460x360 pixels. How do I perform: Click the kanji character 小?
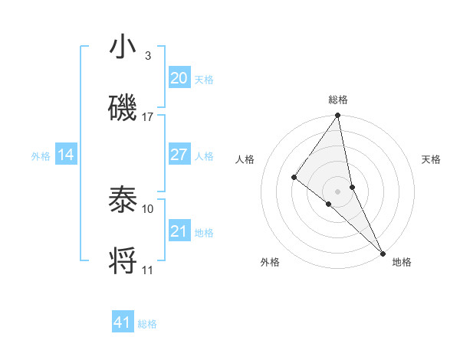[x=123, y=48]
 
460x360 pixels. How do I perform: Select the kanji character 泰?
[x=123, y=201]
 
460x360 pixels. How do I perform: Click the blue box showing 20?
[x=179, y=78]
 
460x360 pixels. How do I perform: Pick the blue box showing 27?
[x=179, y=155]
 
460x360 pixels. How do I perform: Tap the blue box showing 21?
[x=179, y=231]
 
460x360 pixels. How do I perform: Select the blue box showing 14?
[x=66, y=155]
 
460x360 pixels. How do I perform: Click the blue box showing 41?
[x=123, y=322]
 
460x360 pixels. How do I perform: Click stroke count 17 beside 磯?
[x=148, y=117]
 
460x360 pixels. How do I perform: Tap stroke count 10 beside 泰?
[x=148, y=208]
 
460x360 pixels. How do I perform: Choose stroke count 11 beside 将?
[x=148, y=270]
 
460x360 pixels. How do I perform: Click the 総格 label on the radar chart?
[x=338, y=100]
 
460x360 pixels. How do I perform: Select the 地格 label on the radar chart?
[x=402, y=262]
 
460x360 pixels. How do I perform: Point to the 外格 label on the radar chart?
[x=270, y=262]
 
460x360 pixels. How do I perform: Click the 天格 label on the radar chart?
[x=431, y=159]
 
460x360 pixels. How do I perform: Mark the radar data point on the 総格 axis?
[x=338, y=116]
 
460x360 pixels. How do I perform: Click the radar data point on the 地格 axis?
[x=383, y=252]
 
